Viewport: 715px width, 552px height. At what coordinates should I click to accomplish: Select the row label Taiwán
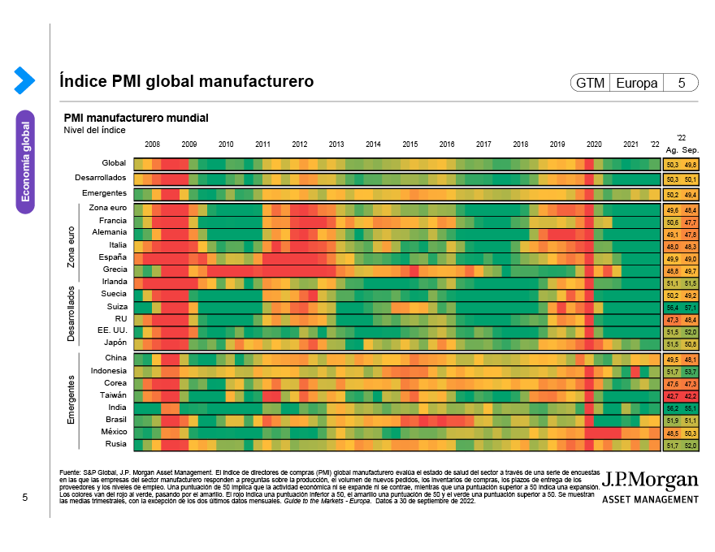click(113, 395)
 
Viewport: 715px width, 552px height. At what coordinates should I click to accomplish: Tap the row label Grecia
click(115, 269)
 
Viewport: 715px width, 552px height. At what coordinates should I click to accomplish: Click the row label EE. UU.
click(112, 330)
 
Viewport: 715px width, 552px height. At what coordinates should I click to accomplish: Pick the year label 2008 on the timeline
click(152, 144)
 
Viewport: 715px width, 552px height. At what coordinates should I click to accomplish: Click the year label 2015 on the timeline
click(409, 144)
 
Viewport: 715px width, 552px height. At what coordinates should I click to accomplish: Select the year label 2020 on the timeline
click(594, 144)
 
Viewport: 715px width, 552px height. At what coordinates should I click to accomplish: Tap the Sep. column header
click(690, 150)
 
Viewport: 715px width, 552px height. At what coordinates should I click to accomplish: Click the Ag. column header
click(672, 150)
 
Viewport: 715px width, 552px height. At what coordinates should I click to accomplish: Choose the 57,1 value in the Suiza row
click(690, 308)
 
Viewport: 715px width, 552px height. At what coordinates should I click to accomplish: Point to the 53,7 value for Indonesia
click(690, 371)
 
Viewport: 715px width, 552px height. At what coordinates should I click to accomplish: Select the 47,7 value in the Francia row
click(690, 222)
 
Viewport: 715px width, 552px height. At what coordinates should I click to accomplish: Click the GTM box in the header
click(590, 83)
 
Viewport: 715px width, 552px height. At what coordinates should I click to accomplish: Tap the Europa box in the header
click(637, 83)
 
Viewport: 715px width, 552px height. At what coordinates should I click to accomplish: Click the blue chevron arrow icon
click(24, 80)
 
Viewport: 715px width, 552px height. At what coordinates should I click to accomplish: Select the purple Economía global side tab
click(25, 162)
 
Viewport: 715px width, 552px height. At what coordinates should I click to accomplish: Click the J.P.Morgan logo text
click(649, 478)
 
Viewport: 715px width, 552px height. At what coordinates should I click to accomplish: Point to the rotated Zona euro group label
click(71, 246)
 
